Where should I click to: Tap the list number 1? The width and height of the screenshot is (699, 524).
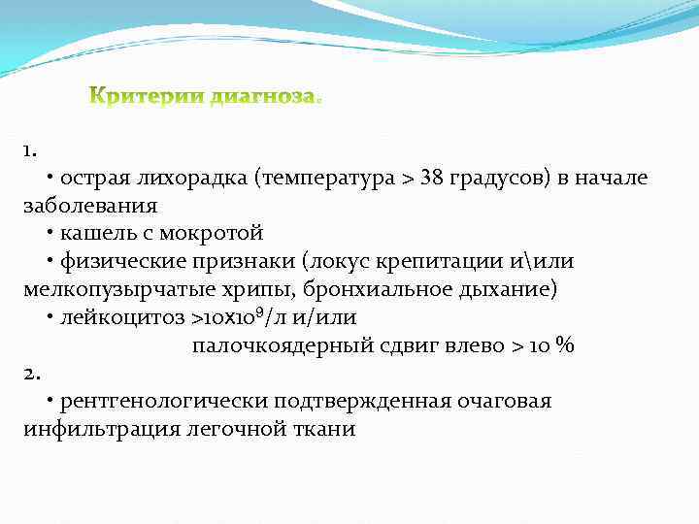[x=30, y=150]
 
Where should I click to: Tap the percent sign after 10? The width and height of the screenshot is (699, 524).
[x=565, y=345]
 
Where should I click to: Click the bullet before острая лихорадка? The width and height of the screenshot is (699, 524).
[x=50, y=179]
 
